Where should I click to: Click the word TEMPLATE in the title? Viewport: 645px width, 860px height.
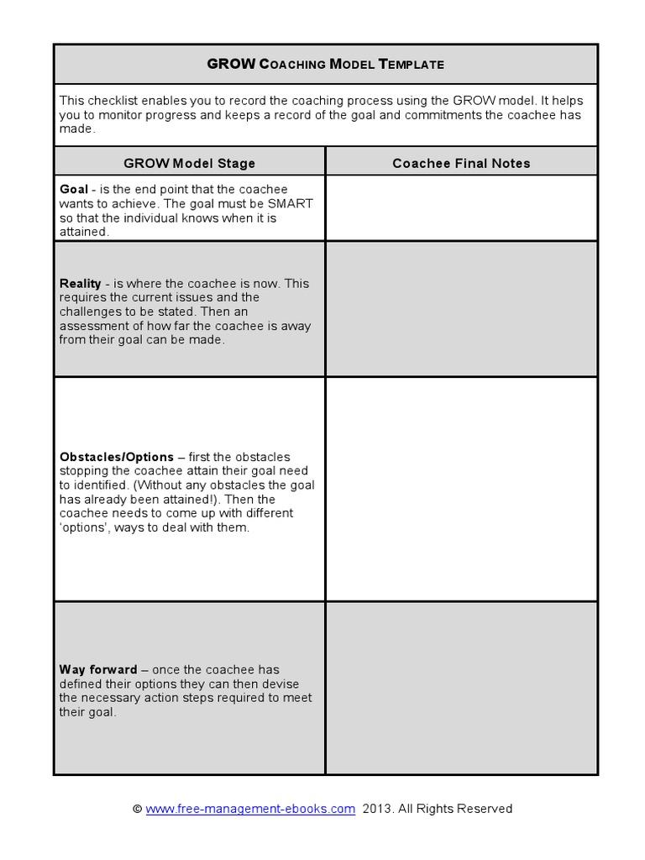[412, 64]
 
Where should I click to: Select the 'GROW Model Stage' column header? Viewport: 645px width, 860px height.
[189, 163]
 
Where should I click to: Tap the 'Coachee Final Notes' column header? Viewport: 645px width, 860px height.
[461, 163]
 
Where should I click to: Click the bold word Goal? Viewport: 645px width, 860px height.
[74, 189]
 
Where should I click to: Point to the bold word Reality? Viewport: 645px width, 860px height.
[81, 284]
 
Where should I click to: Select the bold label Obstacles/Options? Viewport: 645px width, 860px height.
[117, 457]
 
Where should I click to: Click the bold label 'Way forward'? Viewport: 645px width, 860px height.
[98, 669]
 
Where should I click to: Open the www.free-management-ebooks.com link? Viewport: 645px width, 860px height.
[250, 809]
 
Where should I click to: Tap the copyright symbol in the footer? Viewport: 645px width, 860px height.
[138, 809]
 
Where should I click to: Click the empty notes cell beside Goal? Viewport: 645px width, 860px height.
[461, 207]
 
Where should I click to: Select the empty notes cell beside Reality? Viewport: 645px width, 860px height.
[461, 309]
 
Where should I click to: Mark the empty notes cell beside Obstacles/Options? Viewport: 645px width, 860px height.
[461, 489]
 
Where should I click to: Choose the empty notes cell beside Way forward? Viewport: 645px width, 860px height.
[461, 687]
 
